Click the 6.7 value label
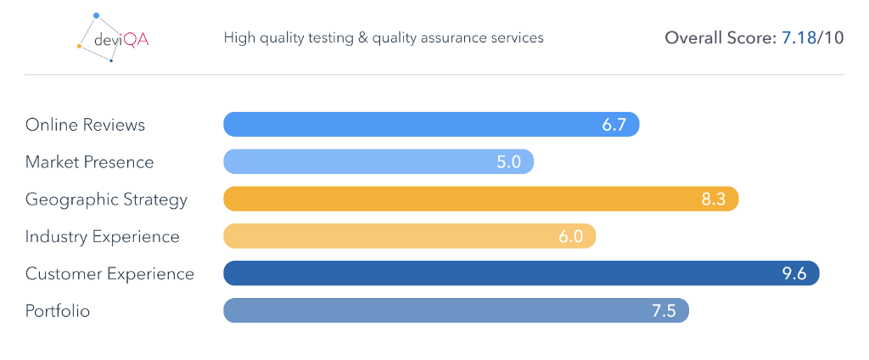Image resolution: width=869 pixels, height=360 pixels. (x=614, y=125)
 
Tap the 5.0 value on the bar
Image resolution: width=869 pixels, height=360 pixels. (x=508, y=162)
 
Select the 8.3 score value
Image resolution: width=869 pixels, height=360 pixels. (x=713, y=200)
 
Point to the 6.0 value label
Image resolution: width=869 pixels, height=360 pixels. (x=570, y=237)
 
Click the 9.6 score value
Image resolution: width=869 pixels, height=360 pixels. (x=793, y=274)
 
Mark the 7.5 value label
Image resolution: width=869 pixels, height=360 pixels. (x=663, y=311)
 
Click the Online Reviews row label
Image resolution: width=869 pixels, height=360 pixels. (x=85, y=125)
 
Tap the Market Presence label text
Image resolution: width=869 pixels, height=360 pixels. (x=89, y=162)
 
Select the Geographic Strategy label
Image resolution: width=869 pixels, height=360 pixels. (x=106, y=200)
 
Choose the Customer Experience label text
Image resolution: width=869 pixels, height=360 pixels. (x=109, y=274)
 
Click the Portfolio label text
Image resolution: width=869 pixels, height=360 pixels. (x=58, y=311)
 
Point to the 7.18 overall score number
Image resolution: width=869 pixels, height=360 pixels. (x=797, y=38)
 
